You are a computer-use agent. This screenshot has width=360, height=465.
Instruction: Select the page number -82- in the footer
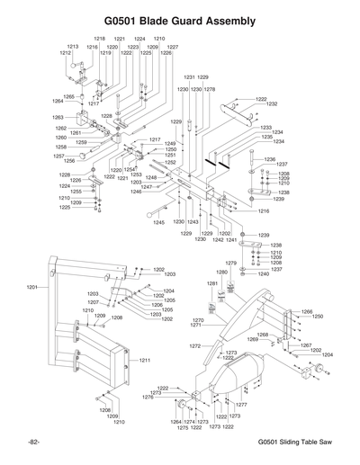[x=34, y=443]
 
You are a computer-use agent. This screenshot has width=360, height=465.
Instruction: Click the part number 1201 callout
[x=33, y=286]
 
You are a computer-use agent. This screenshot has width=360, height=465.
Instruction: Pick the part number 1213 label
[x=72, y=46]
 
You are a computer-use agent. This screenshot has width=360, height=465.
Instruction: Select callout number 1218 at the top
[x=99, y=39]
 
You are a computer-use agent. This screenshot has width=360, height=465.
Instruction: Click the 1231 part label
[x=189, y=78]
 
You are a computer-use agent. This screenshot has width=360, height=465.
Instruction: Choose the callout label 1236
[x=270, y=158]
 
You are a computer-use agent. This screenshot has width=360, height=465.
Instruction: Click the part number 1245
[x=158, y=221]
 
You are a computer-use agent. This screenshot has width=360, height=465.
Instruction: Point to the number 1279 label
[x=230, y=263]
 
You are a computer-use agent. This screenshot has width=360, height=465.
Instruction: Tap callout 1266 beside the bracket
[x=306, y=311]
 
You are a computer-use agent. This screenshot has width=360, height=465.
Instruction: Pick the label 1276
[x=148, y=397]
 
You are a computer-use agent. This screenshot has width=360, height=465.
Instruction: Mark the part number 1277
[x=241, y=406]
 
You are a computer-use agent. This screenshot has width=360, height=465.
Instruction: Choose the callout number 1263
[x=58, y=117]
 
